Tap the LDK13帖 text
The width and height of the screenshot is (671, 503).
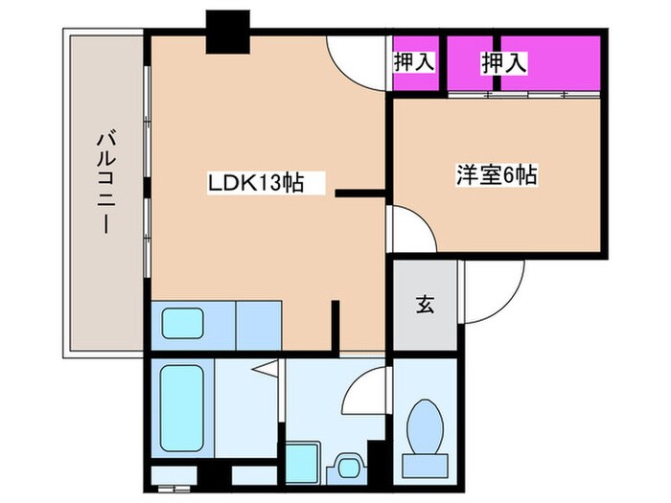256,182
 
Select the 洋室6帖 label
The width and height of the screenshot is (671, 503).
495,175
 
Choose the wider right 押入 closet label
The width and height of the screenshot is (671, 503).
503,64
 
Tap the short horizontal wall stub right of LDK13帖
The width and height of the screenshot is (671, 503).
360,194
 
